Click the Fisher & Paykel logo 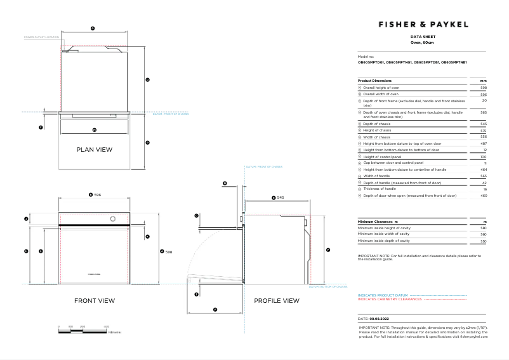point(423,24)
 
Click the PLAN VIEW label point(94,150)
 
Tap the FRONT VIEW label point(95,300)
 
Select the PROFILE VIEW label point(276,300)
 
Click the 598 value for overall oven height point(484,88)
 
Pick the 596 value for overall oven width point(484,94)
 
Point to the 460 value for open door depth point(484,196)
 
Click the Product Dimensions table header point(375,81)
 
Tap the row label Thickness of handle point(380,189)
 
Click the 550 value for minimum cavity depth point(484,241)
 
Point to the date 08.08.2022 point(379,318)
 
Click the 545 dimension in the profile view point(280,198)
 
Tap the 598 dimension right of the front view point(169,252)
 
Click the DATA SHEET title point(423,37)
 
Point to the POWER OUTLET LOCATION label point(41,37)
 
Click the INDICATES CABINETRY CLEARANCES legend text point(390,299)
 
